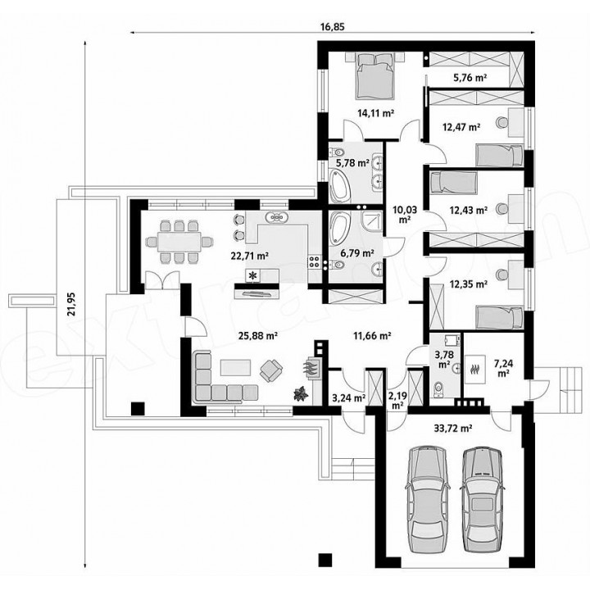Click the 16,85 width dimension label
333,27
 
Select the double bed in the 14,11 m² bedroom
374,76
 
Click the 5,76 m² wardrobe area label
470,78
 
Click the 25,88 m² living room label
258,335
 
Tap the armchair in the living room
271,370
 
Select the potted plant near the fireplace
301,394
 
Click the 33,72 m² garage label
455,428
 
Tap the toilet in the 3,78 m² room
438,389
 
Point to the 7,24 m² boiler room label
502,368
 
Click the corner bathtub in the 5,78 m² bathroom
340,184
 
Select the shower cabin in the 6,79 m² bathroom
372,223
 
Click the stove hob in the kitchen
315,262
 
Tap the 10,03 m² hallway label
405,214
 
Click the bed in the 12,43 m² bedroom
453,182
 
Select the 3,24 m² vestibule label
348,397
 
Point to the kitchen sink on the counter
277,217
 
